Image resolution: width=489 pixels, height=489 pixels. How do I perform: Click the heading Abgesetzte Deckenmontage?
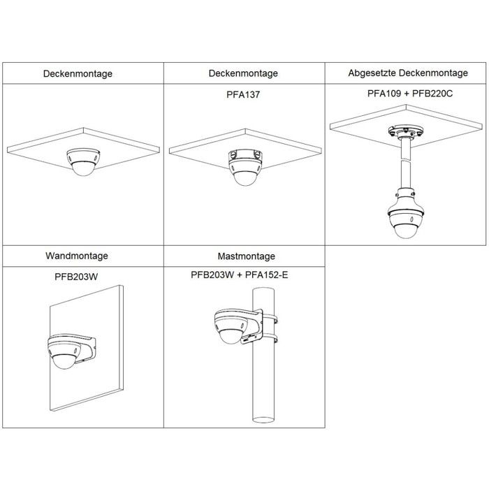click(x=408, y=73)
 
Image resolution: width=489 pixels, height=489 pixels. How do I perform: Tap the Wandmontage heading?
click(x=77, y=256)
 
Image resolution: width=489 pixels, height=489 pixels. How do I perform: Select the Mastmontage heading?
click(x=247, y=256)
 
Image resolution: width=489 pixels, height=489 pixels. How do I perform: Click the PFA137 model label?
click(x=243, y=94)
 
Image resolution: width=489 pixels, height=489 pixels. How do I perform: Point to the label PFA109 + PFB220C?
click(x=410, y=94)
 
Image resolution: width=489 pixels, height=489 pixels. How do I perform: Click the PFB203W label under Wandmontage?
click(x=76, y=277)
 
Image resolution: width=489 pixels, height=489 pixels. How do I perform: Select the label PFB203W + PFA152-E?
click(x=240, y=275)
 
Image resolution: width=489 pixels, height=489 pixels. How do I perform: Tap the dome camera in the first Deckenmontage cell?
click(x=83, y=161)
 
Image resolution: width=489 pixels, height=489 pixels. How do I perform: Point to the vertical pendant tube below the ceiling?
click(x=405, y=163)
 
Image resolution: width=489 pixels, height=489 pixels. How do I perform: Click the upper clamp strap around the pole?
click(x=270, y=319)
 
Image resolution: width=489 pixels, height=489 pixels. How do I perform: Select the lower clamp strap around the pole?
click(x=270, y=337)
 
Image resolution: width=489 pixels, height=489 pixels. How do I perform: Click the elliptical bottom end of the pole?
click(x=263, y=419)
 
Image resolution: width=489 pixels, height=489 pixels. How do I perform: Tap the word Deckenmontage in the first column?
click(x=78, y=74)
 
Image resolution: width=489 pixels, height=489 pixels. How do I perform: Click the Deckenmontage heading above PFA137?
click(x=243, y=73)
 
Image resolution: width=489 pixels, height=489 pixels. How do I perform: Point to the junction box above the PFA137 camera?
click(x=245, y=155)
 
